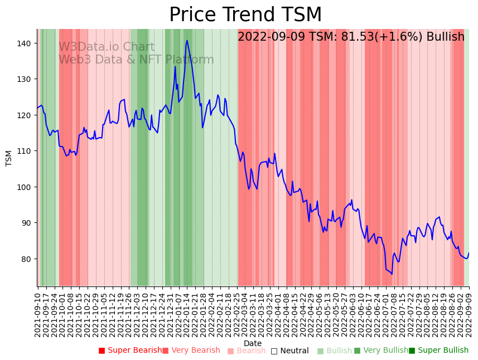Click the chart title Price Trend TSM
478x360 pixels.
click(x=245, y=15)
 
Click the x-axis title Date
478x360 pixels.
click(x=253, y=344)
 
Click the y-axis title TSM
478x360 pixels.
click(x=9, y=158)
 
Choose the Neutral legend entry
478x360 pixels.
click(x=289, y=351)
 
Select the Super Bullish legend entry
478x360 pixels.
click(x=438, y=351)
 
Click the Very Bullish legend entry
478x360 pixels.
click(x=381, y=351)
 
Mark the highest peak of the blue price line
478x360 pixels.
click(x=187, y=40)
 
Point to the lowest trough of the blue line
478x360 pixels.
click(x=392, y=274)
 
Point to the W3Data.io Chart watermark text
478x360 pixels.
click(x=107, y=47)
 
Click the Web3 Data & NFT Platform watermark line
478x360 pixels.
click(x=136, y=60)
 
